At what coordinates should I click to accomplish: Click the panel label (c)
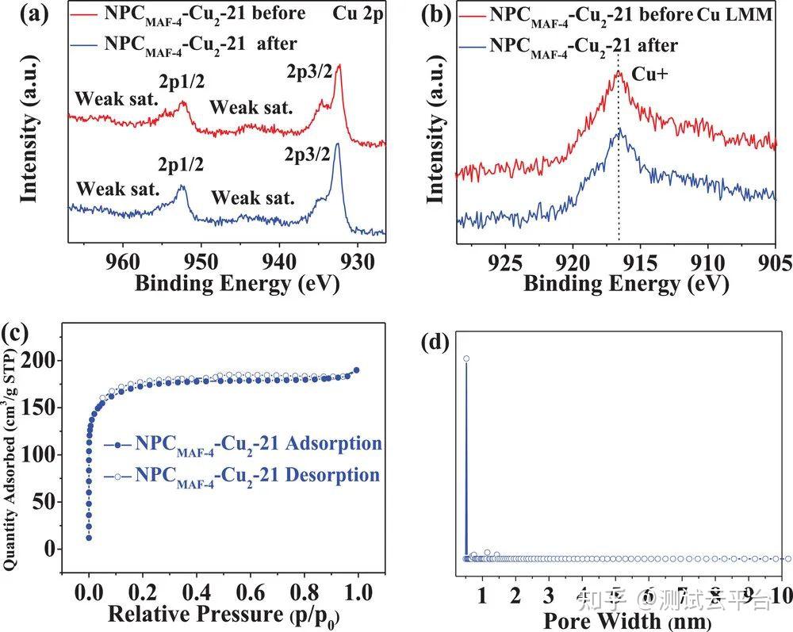17,333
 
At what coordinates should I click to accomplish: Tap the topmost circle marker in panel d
466,359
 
